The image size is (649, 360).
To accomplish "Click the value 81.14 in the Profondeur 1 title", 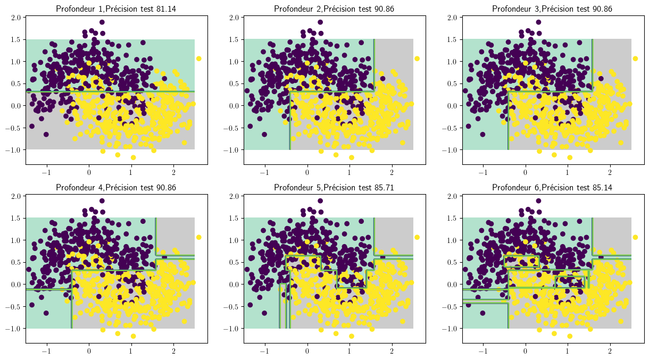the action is point(166,9).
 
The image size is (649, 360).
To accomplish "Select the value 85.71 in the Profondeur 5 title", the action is point(384,188).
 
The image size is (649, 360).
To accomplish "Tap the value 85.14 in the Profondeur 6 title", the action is point(602,188).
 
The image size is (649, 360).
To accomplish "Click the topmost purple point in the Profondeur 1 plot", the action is point(102,22).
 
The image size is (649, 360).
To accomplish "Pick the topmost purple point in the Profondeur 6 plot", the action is point(538,200).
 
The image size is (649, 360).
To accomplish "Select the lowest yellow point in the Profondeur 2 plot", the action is point(352,157).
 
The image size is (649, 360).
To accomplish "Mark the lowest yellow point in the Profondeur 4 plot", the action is point(134,336).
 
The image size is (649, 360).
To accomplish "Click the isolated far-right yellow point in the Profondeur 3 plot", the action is point(635,58).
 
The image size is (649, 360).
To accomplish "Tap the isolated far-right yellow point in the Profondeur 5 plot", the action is point(417,237).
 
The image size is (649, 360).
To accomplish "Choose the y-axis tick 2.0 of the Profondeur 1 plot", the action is point(16,18).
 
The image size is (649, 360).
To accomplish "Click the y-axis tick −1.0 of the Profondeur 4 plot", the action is point(13,329).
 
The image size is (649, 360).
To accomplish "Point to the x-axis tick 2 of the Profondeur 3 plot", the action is point(610,173).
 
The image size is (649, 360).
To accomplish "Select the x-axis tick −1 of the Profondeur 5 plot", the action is point(264,351).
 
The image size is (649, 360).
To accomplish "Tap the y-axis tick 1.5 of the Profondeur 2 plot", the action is point(234,39).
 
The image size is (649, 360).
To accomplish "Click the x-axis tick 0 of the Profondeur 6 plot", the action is point(525,351).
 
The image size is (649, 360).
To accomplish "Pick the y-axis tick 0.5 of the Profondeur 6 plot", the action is point(453,262).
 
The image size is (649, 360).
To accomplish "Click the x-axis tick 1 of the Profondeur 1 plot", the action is point(131,173).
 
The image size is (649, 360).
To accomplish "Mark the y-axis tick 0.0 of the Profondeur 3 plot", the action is point(453,106).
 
